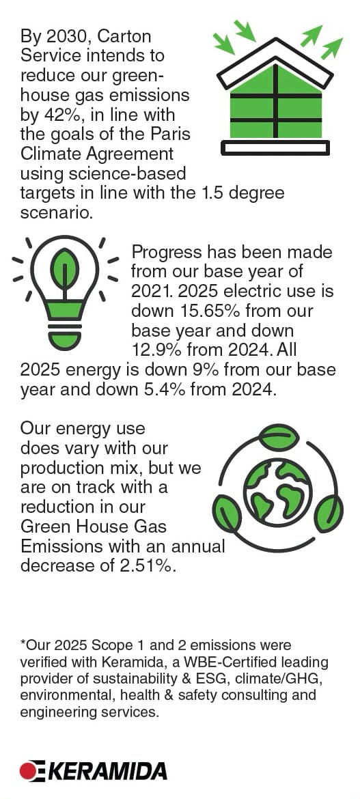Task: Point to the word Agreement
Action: pos(128,154)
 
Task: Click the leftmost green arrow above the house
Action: pos(224,43)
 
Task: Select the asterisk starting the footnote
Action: pos(23,643)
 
